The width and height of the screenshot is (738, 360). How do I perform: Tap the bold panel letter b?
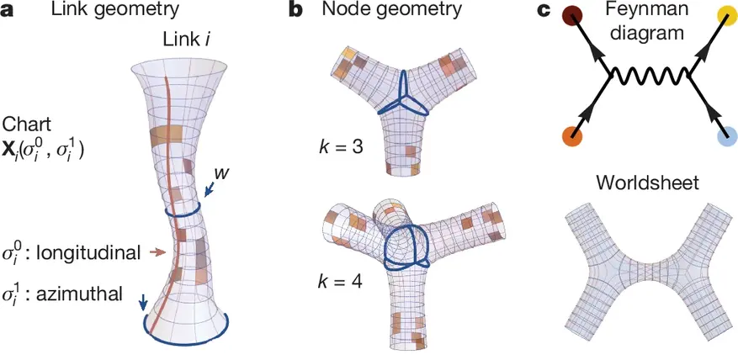tap(295, 10)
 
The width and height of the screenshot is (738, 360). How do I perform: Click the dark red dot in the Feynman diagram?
tap(572, 17)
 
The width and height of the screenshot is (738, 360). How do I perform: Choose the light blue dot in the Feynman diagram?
tap(727, 137)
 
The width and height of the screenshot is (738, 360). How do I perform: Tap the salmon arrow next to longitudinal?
tap(158, 253)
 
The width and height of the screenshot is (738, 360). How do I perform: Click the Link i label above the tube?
tap(187, 40)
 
